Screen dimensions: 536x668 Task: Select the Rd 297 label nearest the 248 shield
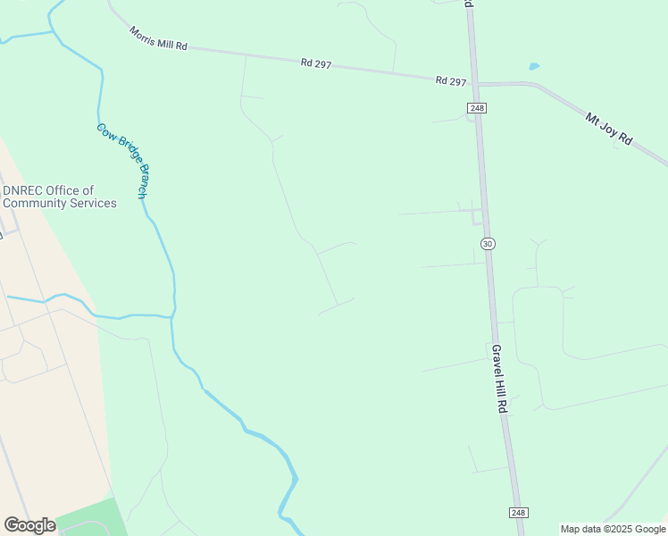coord(451,81)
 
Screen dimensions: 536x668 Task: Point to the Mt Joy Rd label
coord(608,129)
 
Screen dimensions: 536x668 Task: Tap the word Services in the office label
coord(88,203)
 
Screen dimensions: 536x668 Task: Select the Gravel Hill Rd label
coord(500,378)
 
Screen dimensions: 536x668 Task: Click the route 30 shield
coord(487,244)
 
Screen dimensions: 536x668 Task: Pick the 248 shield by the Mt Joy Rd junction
coord(474,108)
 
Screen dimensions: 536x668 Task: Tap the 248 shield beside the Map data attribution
coord(519,513)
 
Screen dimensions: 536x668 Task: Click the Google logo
coord(29,525)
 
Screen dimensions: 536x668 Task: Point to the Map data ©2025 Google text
coord(613,529)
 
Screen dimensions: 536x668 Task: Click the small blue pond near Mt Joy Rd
coord(534,66)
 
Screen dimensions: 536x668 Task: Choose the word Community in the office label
coord(35,203)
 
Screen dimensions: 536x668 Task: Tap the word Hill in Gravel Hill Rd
coord(500,381)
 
